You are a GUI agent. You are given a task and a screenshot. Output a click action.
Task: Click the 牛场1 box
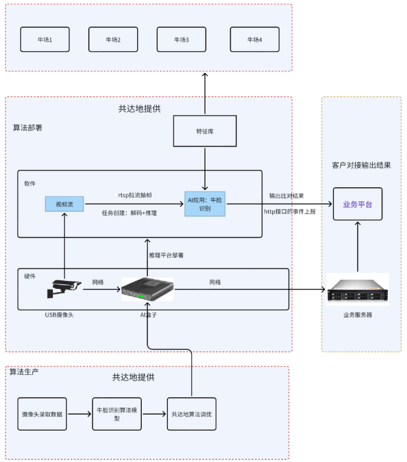pos(45,40)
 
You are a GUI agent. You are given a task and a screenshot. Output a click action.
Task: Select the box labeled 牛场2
pos(113,40)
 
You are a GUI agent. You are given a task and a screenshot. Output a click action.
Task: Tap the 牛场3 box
pos(181,40)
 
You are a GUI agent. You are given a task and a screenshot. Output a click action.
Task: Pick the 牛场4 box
pos(254,40)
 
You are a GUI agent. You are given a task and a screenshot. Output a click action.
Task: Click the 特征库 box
pos(204,132)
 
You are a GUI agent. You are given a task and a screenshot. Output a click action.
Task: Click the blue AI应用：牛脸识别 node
pos(205,203)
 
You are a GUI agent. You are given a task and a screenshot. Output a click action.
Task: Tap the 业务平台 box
pos(357,204)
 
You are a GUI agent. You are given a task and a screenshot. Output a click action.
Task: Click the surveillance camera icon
pos(64,289)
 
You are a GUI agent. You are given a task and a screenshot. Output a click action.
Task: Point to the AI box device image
pos(147,289)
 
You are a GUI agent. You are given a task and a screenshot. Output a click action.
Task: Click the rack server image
pos(357,289)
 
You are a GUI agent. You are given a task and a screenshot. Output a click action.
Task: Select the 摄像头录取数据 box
pos(42,414)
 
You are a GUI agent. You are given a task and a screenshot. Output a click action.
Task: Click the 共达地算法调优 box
pos(191,414)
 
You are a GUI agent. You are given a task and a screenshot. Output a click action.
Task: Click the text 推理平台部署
pos(166,255)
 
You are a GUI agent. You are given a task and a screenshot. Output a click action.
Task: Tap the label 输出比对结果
pos(286,196)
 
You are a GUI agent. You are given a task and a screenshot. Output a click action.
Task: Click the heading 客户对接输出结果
pos(361,166)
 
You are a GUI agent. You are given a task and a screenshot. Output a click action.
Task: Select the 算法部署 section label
pos(28,128)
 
